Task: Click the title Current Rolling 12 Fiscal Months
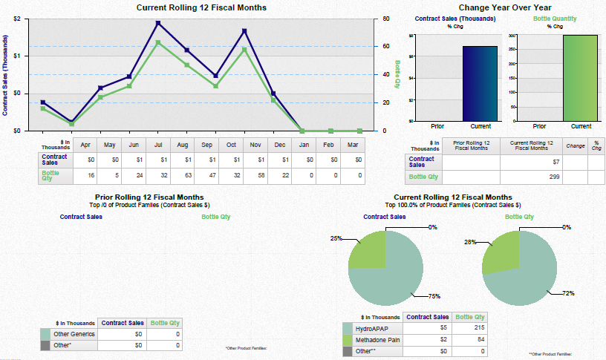click(x=202, y=7)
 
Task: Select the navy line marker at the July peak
click(x=158, y=23)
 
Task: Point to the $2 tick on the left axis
click(x=17, y=18)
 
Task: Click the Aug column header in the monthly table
click(x=183, y=144)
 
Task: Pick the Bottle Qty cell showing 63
click(x=183, y=176)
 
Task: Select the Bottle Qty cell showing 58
click(x=256, y=176)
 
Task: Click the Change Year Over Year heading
click(x=504, y=7)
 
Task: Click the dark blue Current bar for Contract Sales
click(x=480, y=83)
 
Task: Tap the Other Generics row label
click(x=75, y=335)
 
